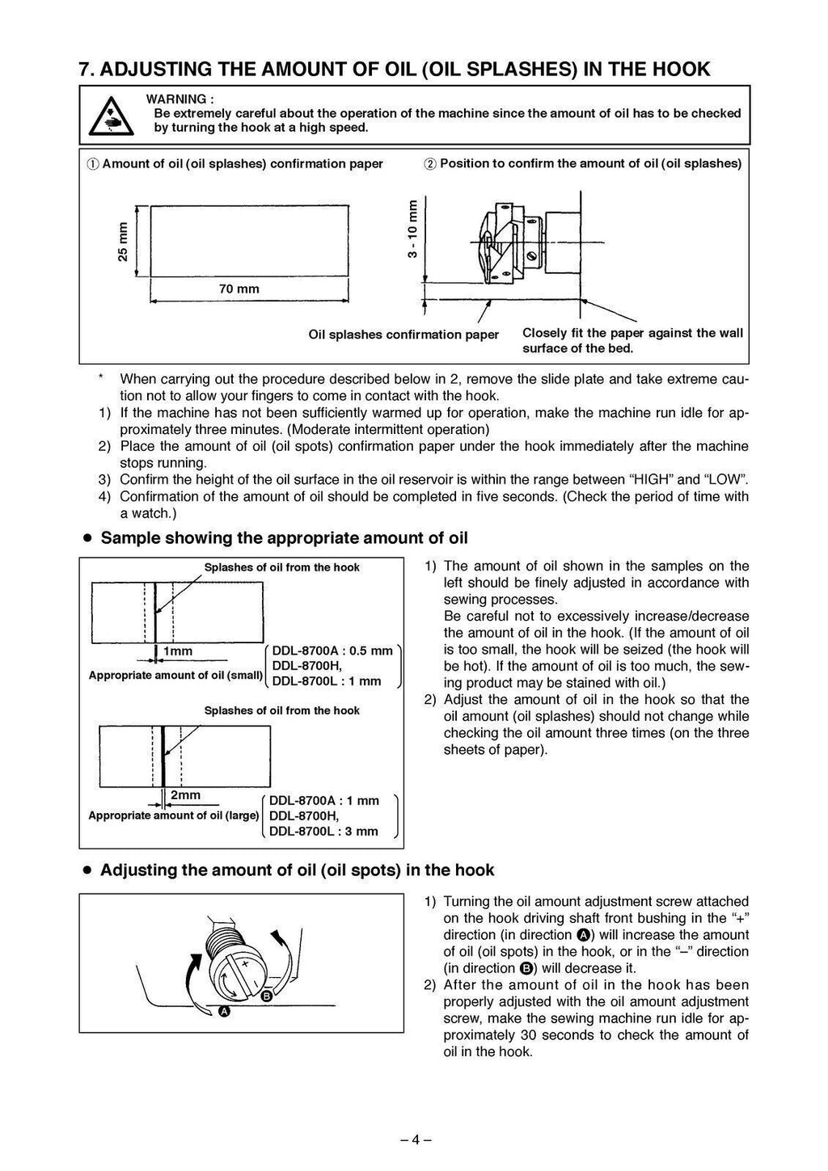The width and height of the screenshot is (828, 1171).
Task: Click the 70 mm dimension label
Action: (239, 289)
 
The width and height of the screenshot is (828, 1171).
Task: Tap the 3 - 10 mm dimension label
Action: (412, 229)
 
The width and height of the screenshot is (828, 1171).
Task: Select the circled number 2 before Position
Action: (429, 164)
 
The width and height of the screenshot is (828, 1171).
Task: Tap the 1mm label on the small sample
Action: (177, 651)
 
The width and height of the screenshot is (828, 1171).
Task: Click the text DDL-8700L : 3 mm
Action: (323, 831)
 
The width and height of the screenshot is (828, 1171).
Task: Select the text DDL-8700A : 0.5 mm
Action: (332, 650)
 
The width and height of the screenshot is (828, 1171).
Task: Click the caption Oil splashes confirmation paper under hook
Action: (403, 334)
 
